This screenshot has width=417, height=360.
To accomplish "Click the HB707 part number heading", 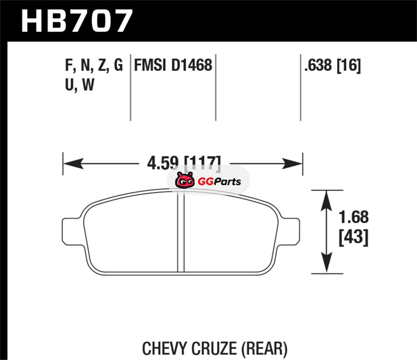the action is [77, 21].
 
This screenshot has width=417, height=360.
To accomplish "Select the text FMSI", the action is [150, 65].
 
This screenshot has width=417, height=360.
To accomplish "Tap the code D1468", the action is [191, 65].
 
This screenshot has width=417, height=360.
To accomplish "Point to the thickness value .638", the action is [318, 65].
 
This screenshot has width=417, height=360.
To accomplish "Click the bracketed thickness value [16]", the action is [349, 66].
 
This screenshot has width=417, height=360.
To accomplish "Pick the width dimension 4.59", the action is [163, 163].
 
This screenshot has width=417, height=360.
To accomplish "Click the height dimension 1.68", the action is [354, 217].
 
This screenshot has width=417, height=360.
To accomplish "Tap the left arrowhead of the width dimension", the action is [73, 163].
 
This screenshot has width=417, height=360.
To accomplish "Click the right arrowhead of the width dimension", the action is [292, 163].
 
